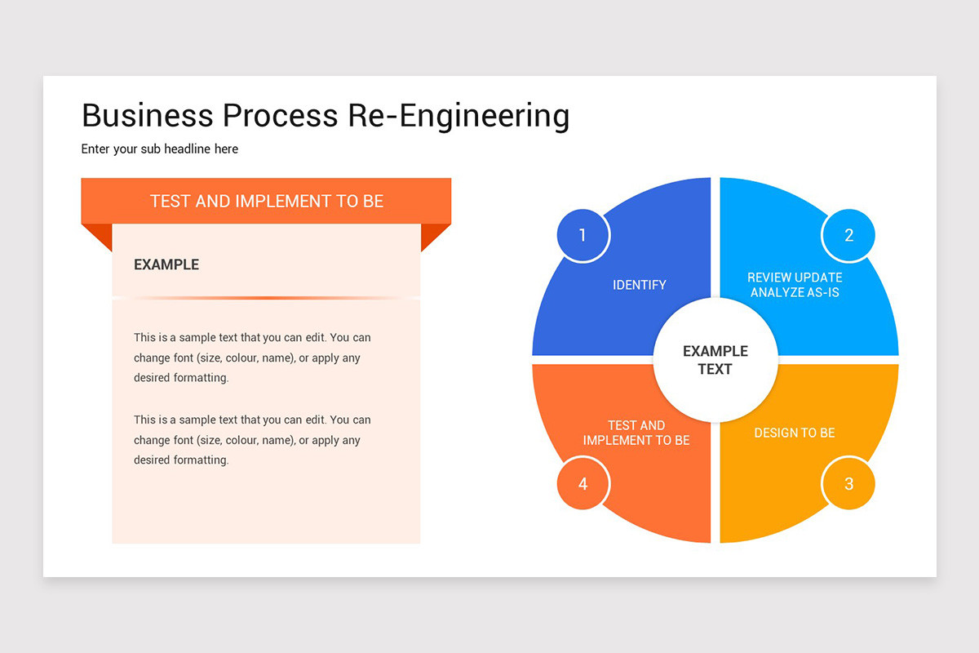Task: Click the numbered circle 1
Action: click(583, 236)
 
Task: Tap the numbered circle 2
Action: click(848, 236)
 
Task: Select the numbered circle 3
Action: click(848, 484)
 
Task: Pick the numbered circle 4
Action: click(583, 484)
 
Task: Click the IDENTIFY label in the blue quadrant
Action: click(640, 285)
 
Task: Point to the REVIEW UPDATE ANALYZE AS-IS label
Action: click(795, 285)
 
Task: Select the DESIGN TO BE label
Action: click(795, 433)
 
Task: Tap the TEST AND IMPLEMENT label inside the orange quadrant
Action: click(636, 433)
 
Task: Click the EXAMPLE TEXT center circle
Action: click(715, 360)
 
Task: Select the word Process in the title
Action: click(281, 116)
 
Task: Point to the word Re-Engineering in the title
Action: click(458, 116)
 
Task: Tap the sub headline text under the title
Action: click(160, 149)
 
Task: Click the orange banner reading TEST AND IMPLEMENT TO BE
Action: click(266, 201)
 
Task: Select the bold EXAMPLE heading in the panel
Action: click(166, 264)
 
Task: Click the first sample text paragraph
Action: click(252, 358)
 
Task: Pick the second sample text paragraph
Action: click(252, 440)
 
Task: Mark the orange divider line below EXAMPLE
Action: click(266, 298)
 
